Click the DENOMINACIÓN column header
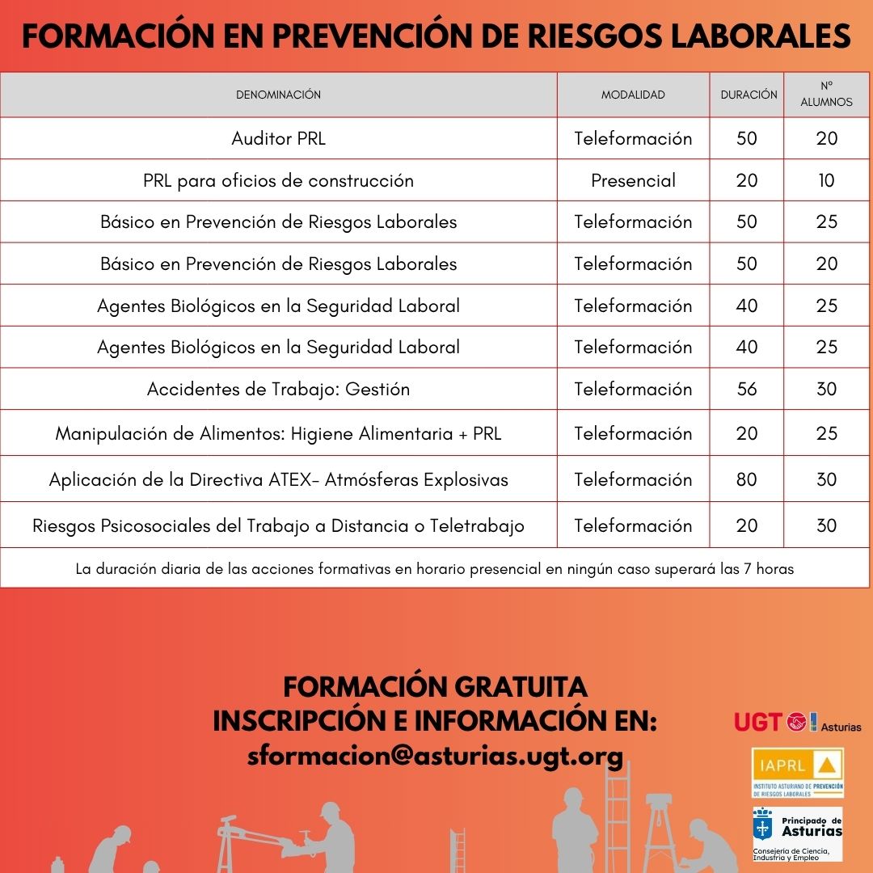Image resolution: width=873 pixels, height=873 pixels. (278, 95)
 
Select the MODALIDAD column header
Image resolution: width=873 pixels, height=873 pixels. (633, 95)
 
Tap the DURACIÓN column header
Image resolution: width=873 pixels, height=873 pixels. (749, 95)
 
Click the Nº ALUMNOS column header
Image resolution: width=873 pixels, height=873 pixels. (826, 95)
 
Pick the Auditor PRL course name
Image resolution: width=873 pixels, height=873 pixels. (278, 138)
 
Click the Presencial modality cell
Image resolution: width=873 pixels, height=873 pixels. (633, 180)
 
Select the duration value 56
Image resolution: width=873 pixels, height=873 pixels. (747, 389)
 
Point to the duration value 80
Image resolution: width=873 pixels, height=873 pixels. (747, 479)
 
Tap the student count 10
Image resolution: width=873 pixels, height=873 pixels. (826, 180)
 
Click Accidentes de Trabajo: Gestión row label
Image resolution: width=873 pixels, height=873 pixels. (278, 389)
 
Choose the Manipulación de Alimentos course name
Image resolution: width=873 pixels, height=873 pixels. (278, 433)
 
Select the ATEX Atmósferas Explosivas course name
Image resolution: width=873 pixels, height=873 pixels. (278, 479)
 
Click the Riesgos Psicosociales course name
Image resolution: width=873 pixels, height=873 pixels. (278, 525)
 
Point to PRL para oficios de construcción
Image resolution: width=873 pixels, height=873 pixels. (278, 180)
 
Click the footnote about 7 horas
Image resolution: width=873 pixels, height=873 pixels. (435, 568)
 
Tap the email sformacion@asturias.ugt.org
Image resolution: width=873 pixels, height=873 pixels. (435, 757)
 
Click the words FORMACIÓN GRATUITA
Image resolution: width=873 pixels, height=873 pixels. (435, 687)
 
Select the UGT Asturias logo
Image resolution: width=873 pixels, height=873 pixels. (797, 722)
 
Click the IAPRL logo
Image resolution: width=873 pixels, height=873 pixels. (797, 772)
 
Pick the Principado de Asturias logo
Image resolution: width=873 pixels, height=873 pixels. (797, 833)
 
